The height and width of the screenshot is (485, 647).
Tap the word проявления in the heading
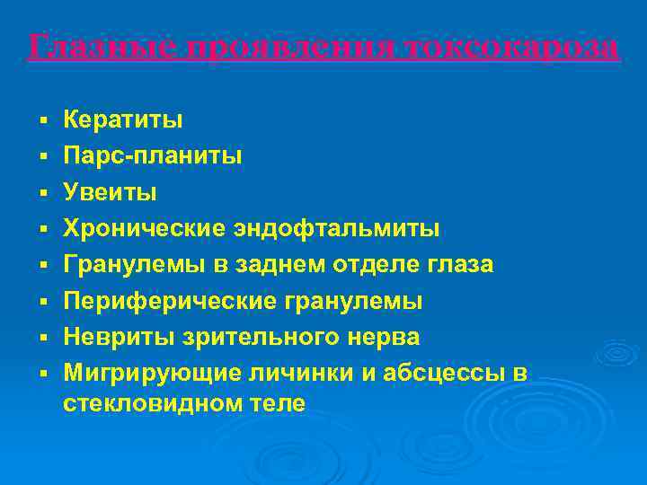(270, 46)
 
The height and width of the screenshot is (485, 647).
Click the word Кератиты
(123, 119)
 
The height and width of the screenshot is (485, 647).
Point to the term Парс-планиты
(152, 155)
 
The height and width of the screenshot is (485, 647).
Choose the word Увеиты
(110, 191)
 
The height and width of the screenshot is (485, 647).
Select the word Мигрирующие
(147, 373)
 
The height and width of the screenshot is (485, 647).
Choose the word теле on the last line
(279, 404)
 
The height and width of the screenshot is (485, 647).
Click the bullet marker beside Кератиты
(42, 119)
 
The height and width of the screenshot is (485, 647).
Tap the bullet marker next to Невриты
(42, 338)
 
